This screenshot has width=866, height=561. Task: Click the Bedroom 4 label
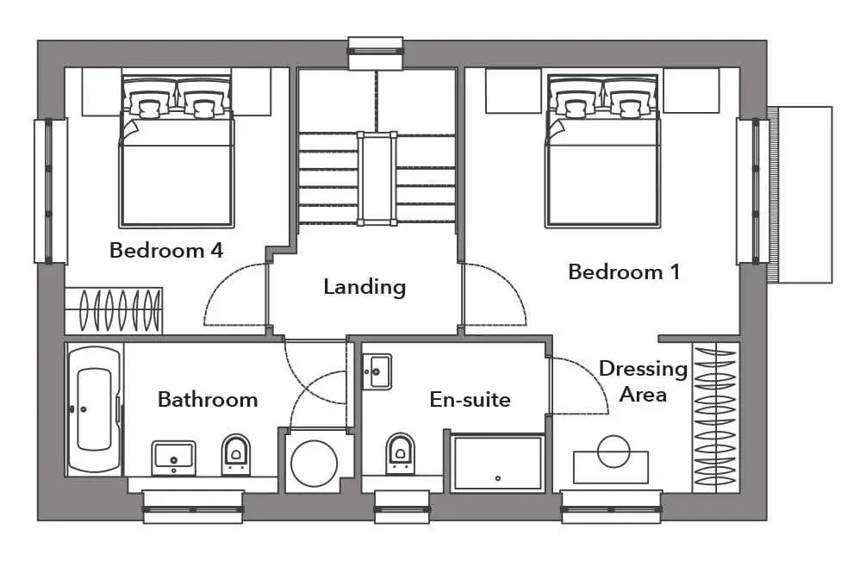(x=166, y=250)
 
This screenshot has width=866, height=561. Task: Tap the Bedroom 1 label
(x=624, y=271)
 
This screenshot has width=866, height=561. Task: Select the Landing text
(x=364, y=287)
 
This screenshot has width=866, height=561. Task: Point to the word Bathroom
(x=208, y=399)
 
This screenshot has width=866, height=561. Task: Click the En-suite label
(x=470, y=399)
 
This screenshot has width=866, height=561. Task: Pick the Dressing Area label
(x=643, y=382)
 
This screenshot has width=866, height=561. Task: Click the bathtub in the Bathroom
(x=94, y=409)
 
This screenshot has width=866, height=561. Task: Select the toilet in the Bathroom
(x=236, y=454)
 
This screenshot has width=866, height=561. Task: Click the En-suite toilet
(x=400, y=453)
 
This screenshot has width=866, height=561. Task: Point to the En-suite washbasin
(x=377, y=371)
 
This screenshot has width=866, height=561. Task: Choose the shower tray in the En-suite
(x=497, y=464)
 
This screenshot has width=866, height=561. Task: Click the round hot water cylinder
(x=314, y=463)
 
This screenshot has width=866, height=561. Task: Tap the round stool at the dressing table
(x=614, y=451)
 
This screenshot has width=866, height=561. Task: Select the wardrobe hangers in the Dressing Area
(x=715, y=416)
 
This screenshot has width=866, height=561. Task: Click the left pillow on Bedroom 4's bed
(x=148, y=100)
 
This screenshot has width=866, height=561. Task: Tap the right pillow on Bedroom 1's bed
(x=630, y=100)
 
